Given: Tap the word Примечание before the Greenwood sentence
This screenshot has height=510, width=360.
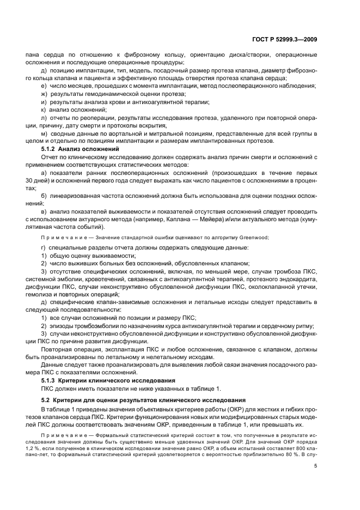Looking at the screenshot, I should coord(61,237).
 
